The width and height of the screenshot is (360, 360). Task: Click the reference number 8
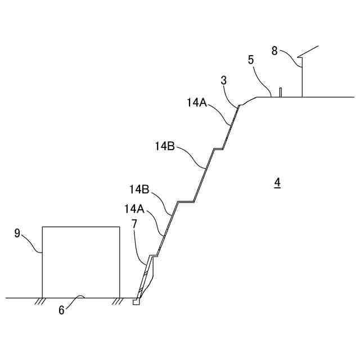[274, 51]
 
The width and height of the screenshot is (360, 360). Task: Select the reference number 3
[223, 80]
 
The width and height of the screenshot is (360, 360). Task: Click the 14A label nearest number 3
[197, 102]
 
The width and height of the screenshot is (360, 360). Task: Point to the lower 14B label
[139, 188]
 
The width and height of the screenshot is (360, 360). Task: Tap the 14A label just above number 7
[134, 209]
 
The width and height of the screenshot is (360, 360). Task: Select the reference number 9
[17, 233]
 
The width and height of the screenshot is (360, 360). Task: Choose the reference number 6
[62, 309]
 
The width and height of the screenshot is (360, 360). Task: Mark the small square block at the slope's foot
[136, 301]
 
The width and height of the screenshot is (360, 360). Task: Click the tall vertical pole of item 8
[302, 79]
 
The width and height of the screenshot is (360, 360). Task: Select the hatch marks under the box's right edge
[117, 301]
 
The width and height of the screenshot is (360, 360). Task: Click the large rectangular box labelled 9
[81, 262]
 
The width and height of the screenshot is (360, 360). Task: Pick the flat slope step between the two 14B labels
[186, 201]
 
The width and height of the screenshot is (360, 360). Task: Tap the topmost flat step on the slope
[218, 148]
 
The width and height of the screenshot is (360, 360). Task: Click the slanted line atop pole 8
[310, 50]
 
